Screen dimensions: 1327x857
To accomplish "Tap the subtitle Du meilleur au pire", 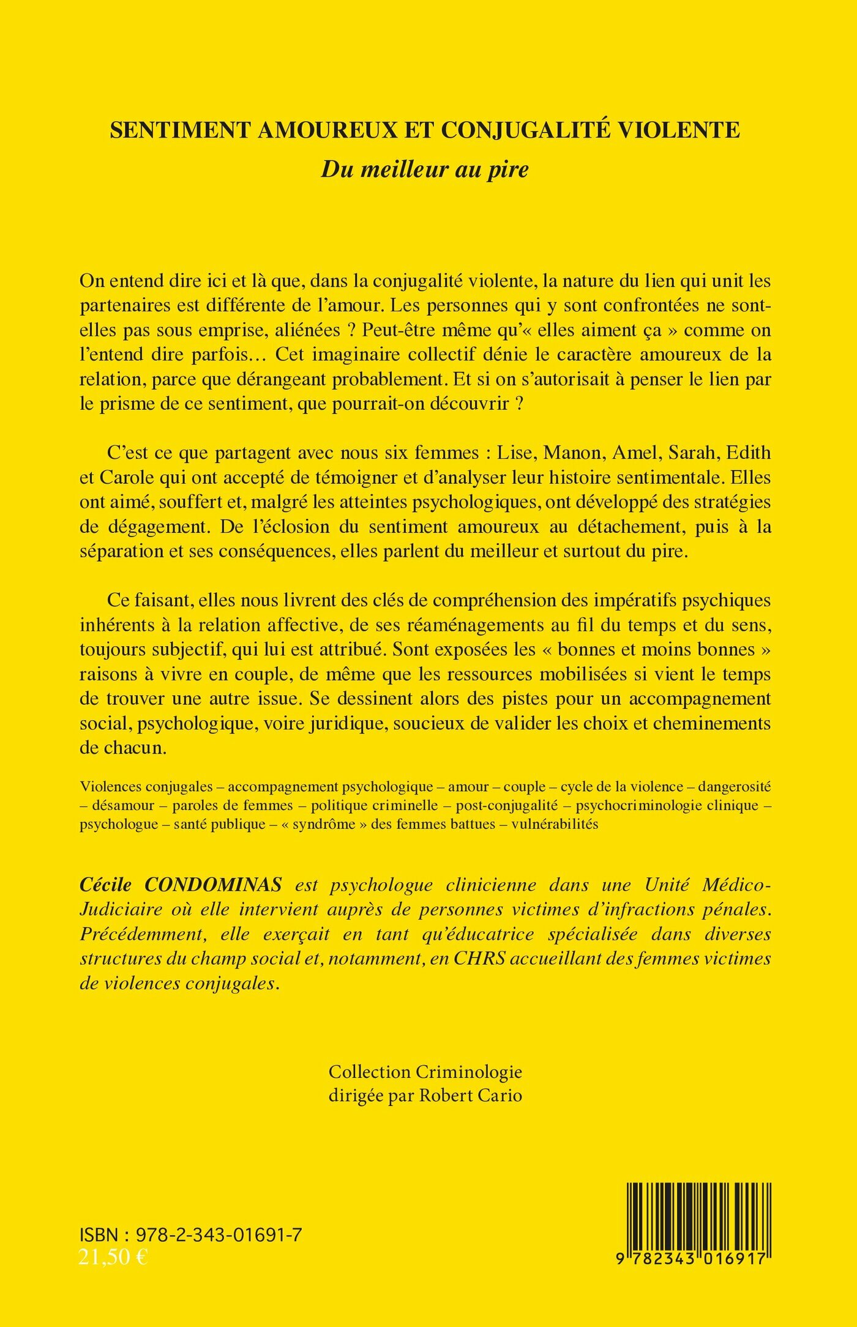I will tap(425, 169).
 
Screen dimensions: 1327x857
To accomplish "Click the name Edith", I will tap(750, 453).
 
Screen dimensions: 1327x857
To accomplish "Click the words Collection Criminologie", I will tap(425, 1071).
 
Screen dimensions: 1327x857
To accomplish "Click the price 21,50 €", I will tap(113, 1257).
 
